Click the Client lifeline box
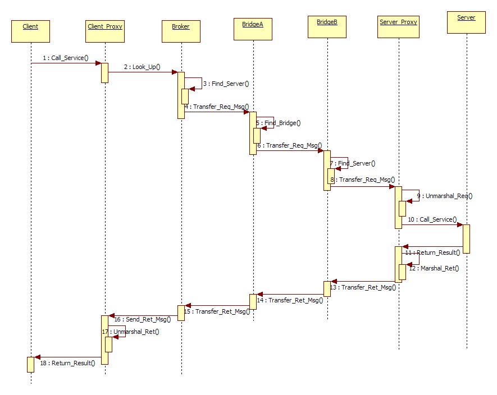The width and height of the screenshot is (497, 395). [30, 31]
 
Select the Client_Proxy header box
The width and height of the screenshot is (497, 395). [105, 31]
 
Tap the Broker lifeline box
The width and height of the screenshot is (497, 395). [180, 31]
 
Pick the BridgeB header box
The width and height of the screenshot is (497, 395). [327, 26]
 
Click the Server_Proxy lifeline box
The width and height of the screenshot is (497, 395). [398, 27]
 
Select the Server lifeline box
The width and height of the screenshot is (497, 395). [466, 22]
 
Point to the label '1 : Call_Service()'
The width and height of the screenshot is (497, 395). [65, 58]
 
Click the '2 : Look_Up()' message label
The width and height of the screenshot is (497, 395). [142, 67]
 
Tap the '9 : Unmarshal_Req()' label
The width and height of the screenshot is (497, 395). [445, 196]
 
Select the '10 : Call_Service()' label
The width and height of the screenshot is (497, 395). [432, 219]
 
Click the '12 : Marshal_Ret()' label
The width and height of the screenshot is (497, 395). [434, 268]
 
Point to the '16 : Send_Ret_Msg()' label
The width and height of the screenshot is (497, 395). [143, 319]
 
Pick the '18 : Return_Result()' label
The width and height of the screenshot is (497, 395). [67, 363]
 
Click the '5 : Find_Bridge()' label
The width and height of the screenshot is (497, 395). [279, 123]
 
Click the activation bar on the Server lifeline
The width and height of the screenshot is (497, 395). [466, 238]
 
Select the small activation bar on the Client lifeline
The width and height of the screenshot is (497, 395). [31, 364]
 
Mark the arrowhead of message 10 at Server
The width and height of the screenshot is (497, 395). [459, 224]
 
